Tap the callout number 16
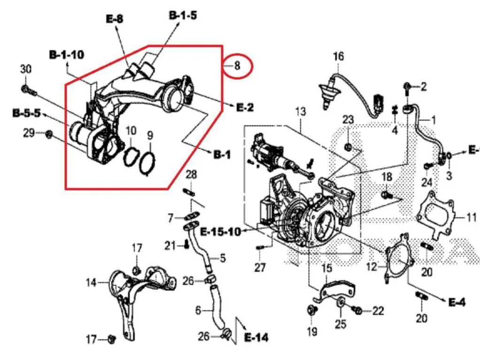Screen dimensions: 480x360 click(338, 56)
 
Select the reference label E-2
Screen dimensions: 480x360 click(245, 107)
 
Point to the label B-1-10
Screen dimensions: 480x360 click(66, 55)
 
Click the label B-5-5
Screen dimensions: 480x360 click(27, 113)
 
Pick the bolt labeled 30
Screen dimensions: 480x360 click(29, 91)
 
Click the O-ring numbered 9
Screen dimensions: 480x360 click(147, 164)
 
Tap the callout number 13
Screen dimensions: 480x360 click(301, 112)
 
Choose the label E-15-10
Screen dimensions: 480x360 click(220, 231)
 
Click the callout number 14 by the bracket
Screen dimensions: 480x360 click(91, 283)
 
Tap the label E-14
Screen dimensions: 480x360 click(256, 337)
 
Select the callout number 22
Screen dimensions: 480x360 click(378, 311)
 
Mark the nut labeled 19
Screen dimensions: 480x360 click(312, 311)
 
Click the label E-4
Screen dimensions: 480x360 click(457, 302)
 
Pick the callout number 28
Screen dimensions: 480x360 click(191, 175)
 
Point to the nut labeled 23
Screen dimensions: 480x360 click(348, 147)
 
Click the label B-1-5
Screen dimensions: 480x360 click(183, 15)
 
